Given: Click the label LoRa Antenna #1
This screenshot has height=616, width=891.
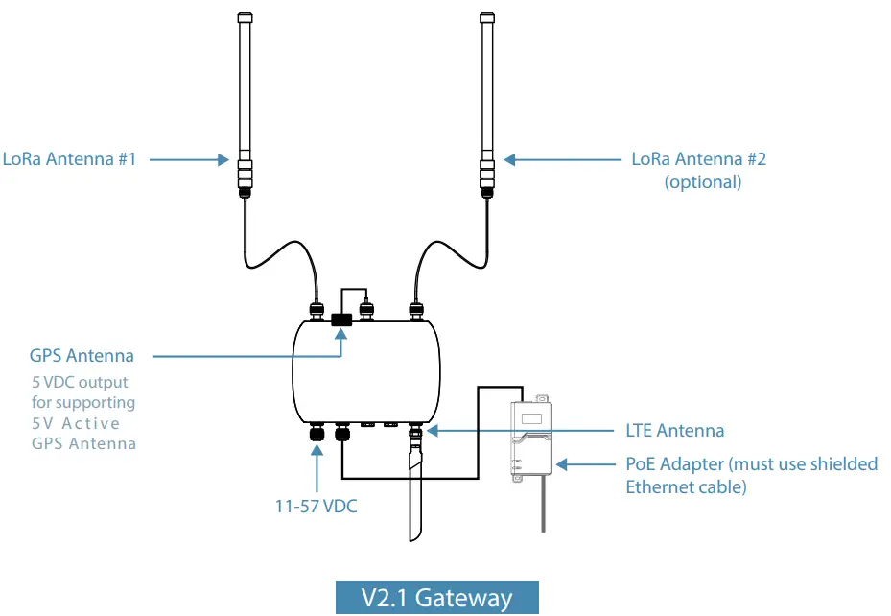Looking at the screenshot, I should click(x=69, y=159).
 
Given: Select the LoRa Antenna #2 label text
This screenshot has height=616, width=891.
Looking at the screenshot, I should click(x=698, y=159).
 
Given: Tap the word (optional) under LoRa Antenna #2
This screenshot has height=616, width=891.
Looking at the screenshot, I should click(x=703, y=181).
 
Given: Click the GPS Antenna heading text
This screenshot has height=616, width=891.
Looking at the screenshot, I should click(x=82, y=356).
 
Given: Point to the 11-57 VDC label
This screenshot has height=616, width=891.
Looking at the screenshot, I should click(x=317, y=506).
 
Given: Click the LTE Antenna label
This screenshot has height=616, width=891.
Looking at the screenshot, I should click(x=674, y=431).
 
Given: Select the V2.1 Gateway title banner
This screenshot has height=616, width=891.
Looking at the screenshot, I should click(x=436, y=598).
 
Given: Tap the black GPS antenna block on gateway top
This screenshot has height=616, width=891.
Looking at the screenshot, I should click(x=340, y=320).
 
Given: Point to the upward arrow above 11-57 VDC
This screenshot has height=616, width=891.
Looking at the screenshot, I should click(x=317, y=470).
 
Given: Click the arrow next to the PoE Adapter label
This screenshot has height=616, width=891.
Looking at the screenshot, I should click(x=587, y=464).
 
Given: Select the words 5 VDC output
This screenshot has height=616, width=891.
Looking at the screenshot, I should click(x=80, y=383).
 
